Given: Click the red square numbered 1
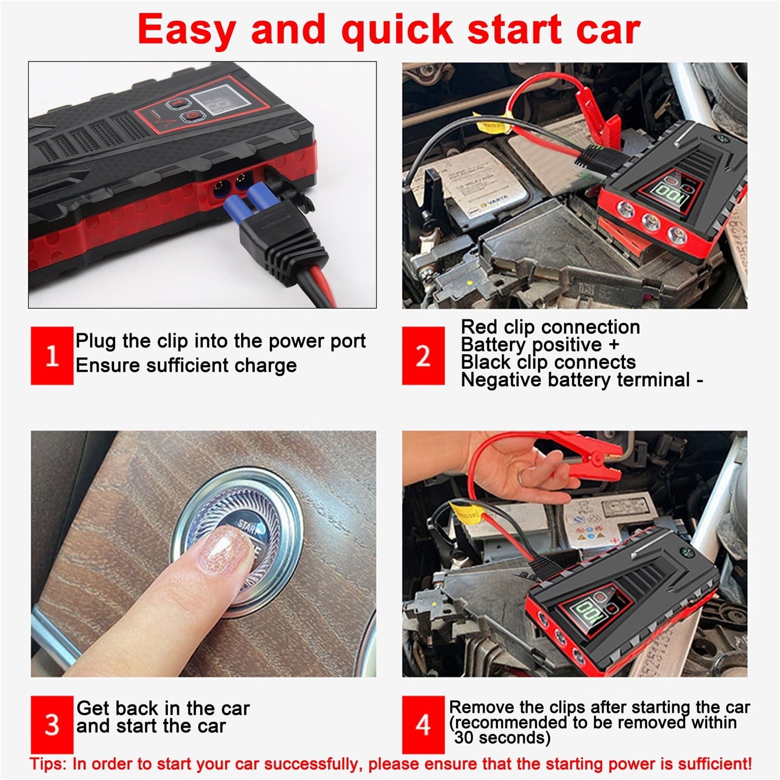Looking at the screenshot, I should point(52,356).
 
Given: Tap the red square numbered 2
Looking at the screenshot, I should point(423,356).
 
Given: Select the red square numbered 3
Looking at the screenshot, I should point(52,724).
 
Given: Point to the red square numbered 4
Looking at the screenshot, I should point(423,724).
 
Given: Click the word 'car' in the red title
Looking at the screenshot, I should point(608,29).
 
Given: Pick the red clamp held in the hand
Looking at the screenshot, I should point(594,462).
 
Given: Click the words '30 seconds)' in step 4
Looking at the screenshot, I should point(502,738).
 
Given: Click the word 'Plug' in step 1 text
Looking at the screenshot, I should point(96,341).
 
